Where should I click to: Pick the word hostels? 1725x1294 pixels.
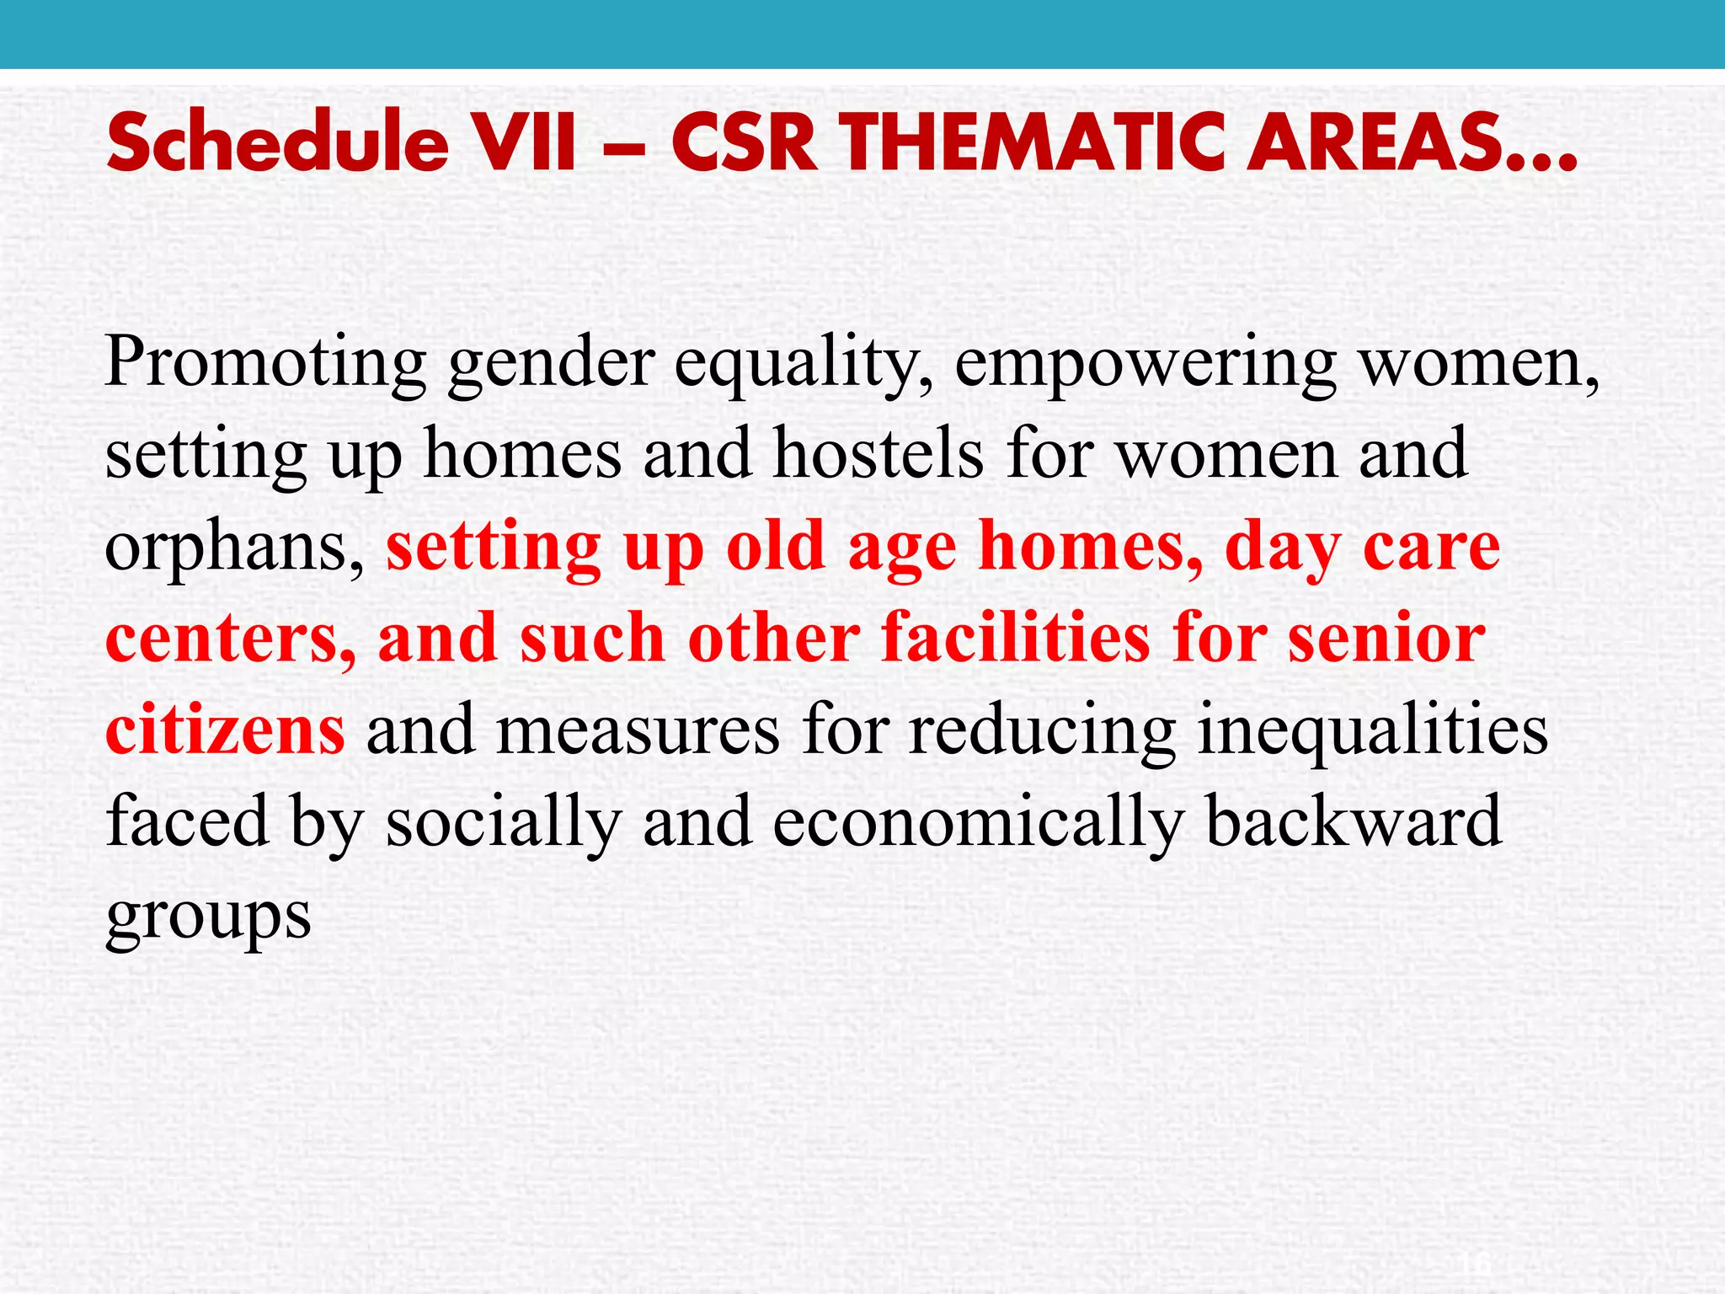879,455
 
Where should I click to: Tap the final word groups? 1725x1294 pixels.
208,917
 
